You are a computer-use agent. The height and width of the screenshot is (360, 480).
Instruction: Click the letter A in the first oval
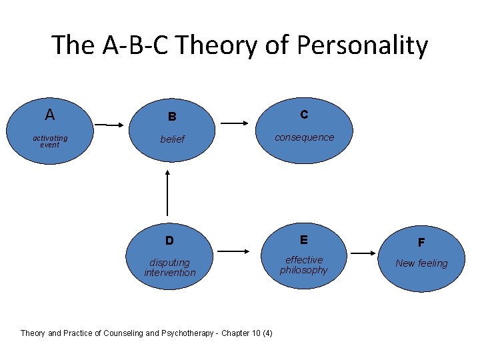pyautogui.click(x=49, y=115)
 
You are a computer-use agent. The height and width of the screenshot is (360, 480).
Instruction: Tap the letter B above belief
pyautogui.click(x=172, y=117)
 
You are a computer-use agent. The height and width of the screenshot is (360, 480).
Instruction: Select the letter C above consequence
pyautogui.click(x=304, y=115)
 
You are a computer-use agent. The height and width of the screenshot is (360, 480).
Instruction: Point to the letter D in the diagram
pyautogui.click(x=169, y=240)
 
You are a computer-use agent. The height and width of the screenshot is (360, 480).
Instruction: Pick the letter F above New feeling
pyautogui.click(x=421, y=243)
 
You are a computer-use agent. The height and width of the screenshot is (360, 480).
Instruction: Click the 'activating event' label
pyautogui.click(x=50, y=141)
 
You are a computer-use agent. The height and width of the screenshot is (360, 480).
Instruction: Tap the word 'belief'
pyautogui.click(x=172, y=139)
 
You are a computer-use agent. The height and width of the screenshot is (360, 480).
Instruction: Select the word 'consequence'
pyautogui.click(x=304, y=137)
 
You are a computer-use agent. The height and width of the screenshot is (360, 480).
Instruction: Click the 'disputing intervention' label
pyautogui.click(x=170, y=267)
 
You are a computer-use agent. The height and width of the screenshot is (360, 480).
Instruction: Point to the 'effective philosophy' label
pyautogui.click(x=304, y=265)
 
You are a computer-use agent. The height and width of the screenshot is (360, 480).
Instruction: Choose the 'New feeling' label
pyautogui.click(x=421, y=263)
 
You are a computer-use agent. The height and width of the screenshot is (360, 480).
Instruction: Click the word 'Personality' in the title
pyautogui.click(x=363, y=45)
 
